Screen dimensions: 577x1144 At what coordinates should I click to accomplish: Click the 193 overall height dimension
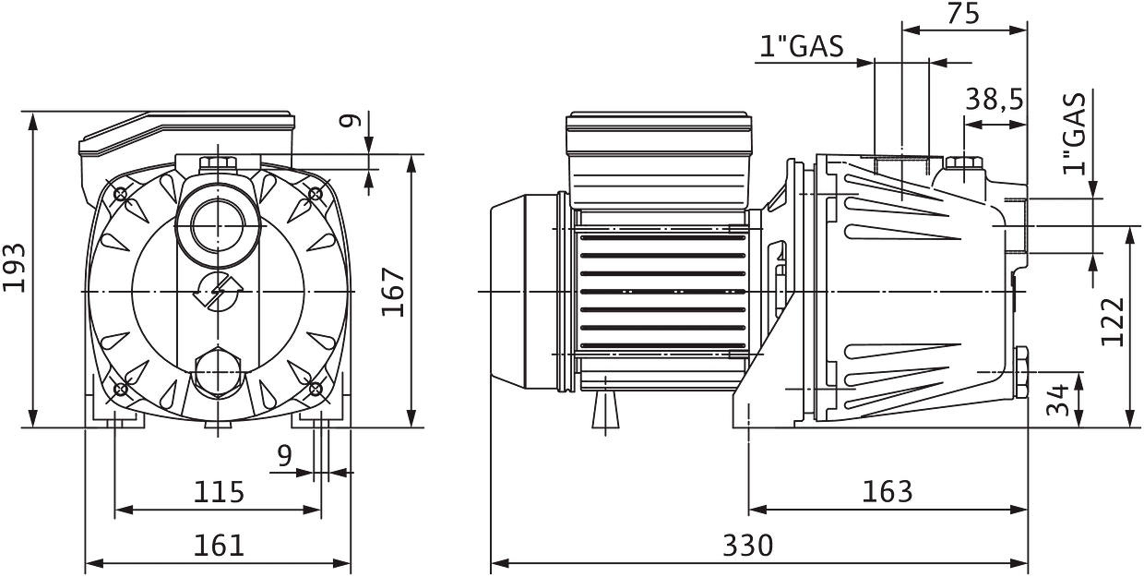15,269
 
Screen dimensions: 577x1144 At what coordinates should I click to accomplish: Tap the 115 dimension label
219,491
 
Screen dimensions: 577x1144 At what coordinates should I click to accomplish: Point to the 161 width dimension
219,545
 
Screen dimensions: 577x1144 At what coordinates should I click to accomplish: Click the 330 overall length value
747,545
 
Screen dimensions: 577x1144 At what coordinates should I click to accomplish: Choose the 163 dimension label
887,491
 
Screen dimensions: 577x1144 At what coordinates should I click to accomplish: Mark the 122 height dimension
1113,321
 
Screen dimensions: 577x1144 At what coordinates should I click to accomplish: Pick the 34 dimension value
1060,399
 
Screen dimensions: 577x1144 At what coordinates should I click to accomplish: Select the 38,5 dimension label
995,99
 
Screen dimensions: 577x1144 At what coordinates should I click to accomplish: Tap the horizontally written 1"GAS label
802,46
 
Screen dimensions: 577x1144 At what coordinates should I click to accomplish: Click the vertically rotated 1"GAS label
1074,133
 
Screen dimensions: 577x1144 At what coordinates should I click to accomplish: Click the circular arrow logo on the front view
218,292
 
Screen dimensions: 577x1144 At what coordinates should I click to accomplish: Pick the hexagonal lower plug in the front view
219,369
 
